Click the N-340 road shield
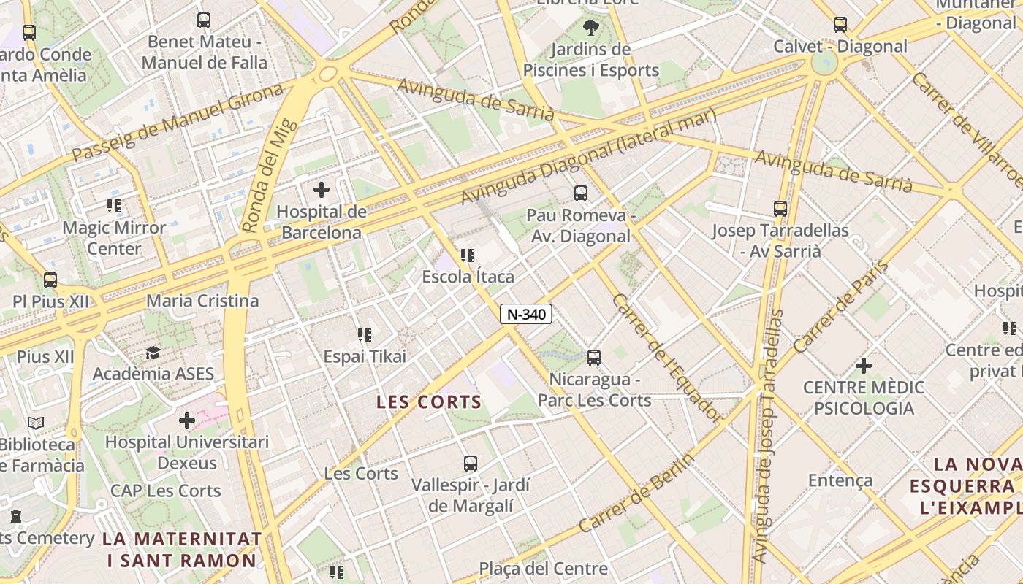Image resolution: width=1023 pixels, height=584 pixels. coord(525,314)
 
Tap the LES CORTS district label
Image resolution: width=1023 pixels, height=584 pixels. coord(429,401)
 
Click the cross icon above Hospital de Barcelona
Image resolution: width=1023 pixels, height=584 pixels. coord(321,191)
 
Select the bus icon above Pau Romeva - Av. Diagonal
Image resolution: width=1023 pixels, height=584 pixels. coord(580,193)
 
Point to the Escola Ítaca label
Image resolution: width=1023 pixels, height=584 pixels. coord(468,277)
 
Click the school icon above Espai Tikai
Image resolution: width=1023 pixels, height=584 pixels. coord(364,335)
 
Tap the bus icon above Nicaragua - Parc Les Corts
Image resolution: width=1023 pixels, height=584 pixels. coord(594,358)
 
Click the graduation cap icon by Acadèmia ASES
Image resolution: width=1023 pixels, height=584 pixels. coord(153,353)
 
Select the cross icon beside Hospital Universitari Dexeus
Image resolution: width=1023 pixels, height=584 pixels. coord(187,420)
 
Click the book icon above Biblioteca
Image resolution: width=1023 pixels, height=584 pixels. coord(36,423)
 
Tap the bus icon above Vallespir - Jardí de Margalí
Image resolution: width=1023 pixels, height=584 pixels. coord(471,463)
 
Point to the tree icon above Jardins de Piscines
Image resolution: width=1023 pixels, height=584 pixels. coord(590,28)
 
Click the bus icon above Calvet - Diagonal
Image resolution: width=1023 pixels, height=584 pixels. coord(840,25)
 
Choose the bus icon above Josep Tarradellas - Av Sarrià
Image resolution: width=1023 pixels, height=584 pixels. coord(780,209)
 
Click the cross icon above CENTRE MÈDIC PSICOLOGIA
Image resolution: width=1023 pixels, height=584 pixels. coord(864,365)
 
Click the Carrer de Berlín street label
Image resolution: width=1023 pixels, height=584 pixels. coord(636,493)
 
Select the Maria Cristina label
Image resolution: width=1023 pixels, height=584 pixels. coord(202,301)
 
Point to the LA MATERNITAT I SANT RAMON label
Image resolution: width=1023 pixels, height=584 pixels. coord(182,550)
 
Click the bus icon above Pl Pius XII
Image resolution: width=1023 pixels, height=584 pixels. coord(50,280)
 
